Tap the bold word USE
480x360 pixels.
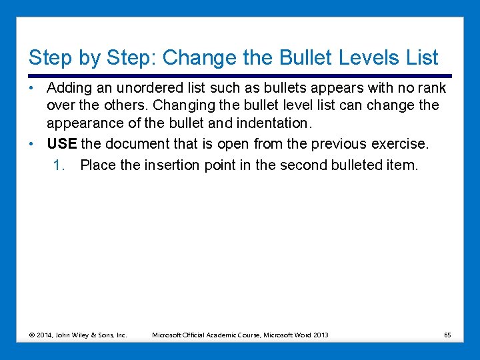coord(62,143)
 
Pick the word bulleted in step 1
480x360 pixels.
coord(357,165)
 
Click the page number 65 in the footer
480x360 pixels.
coord(447,335)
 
